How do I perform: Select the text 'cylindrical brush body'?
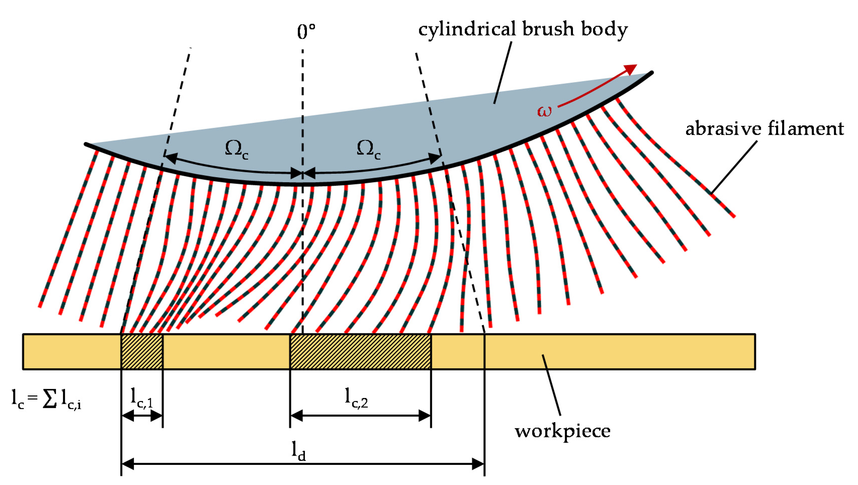pyautogui.click(x=523, y=29)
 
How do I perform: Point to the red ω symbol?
pyautogui.click(x=544, y=111)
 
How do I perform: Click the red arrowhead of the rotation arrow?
pyautogui.click(x=630, y=69)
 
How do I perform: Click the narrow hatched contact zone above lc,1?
pyautogui.click(x=142, y=351)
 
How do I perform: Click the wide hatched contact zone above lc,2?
pyautogui.click(x=360, y=351)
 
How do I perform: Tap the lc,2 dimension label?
pyautogui.click(x=356, y=398)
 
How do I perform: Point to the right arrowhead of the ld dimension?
pyautogui.click(x=478, y=464)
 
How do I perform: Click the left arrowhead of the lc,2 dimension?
pyautogui.click(x=296, y=416)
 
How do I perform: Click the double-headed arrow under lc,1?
pyautogui.click(x=142, y=416)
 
